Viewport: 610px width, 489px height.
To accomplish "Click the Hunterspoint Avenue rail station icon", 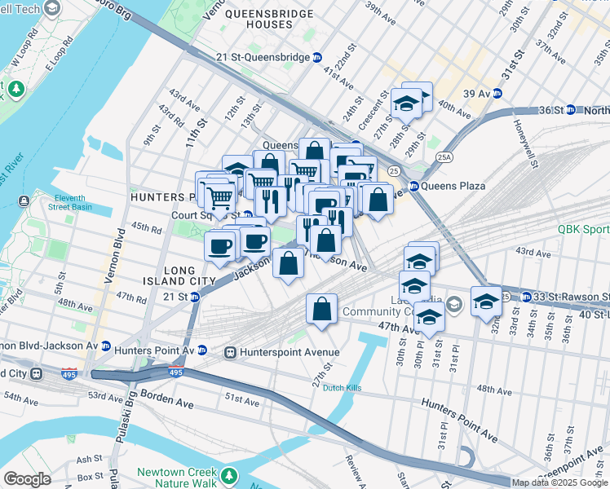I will click(x=231, y=353).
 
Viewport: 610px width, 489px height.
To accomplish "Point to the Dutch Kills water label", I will click(x=341, y=388).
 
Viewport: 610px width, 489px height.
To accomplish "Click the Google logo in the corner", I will click(x=27, y=479).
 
